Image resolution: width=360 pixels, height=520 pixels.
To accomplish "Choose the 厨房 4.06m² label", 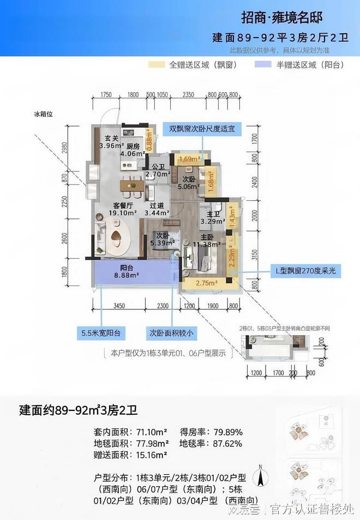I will pos(133,150).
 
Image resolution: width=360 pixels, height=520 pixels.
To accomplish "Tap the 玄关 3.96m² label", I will pos(110,142).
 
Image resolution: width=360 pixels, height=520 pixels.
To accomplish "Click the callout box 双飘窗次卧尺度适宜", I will pos(202,129).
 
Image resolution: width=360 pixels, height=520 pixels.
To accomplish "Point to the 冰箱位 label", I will pos(42,115).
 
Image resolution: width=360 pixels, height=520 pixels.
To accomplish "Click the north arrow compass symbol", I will pos(263,478).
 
